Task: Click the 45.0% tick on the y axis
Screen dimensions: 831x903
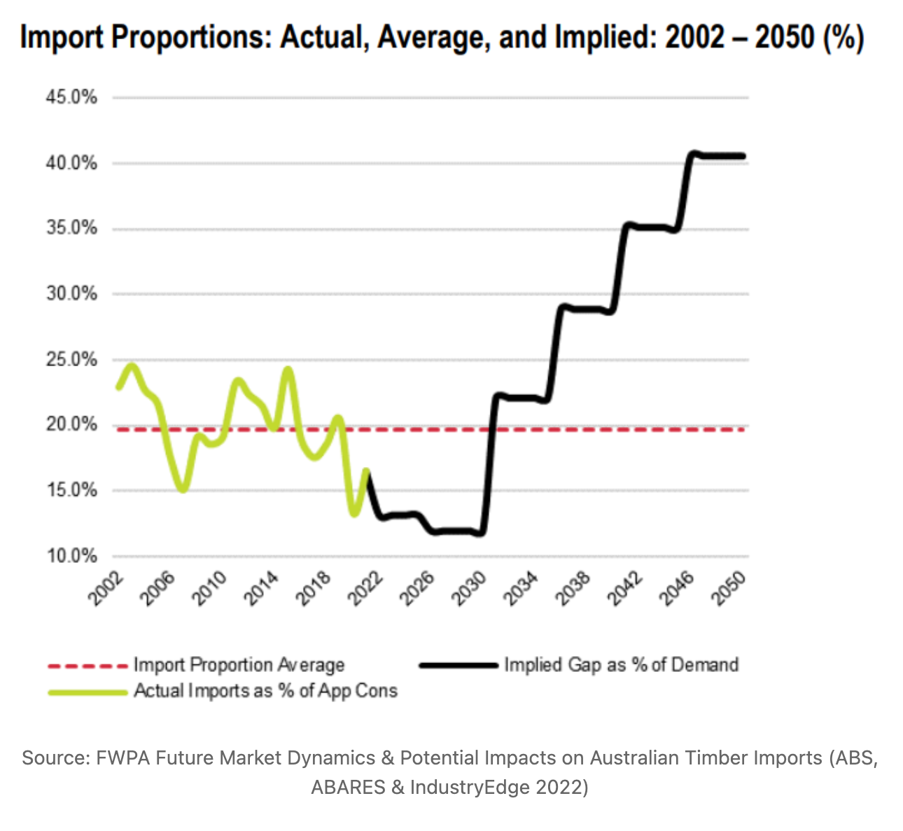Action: [71, 97]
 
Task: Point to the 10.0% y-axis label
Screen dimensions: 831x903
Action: [71, 556]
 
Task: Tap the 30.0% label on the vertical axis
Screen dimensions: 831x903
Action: [71, 294]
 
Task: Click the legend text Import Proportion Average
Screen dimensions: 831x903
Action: [239, 665]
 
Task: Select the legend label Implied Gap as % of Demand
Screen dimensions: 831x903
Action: [621, 665]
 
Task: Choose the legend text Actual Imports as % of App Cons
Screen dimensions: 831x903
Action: [265, 691]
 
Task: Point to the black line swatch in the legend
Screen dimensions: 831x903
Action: [458, 665]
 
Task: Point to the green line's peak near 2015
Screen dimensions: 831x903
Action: [288, 369]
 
